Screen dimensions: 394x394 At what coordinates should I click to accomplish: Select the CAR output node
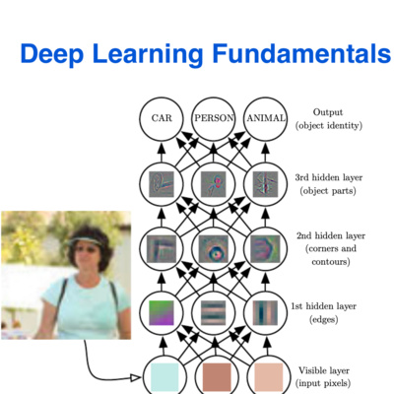pyautogui.click(x=162, y=118)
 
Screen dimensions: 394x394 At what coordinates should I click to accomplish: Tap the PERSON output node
pyautogui.click(x=214, y=118)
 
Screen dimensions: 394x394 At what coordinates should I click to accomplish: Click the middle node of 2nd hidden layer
pyautogui.click(x=214, y=247)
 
